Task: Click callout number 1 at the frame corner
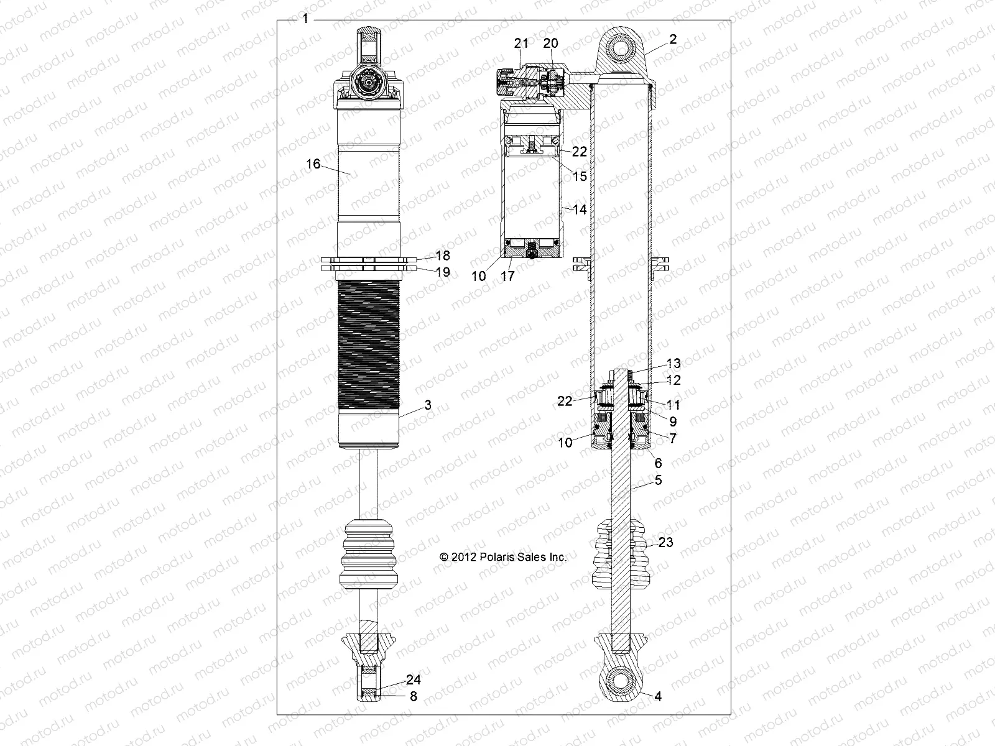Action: pyautogui.click(x=305, y=19)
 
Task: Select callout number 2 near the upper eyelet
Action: pyautogui.click(x=673, y=39)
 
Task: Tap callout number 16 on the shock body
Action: pyautogui.click(x=313, y=163)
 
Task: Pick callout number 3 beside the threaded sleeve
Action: pyautogui.click(x=427, y=405)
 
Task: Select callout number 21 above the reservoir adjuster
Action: pyautogui.click(x=521, y=43)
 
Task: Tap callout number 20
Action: pyautogui.click(x=551, y=43)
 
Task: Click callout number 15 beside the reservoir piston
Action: pyautogui.click(x=580, y=177)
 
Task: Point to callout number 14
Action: pyautogui.click(x=580, y=210)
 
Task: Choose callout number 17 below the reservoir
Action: pyautogui.click(x=508, y=276)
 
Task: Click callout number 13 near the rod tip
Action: pyautogui.click(x=673, y=363)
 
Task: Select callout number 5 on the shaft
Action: pyautogui.click(x=658, y=480)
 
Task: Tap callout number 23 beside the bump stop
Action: pyautogui.click(x=665, y=543)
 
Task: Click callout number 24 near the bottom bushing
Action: pyautogui.click(x=414, y=680)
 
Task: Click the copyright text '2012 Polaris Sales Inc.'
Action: pyautogui.click(x=503, y=557)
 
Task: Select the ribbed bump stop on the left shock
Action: pyautogui.click(x=369, y=553)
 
